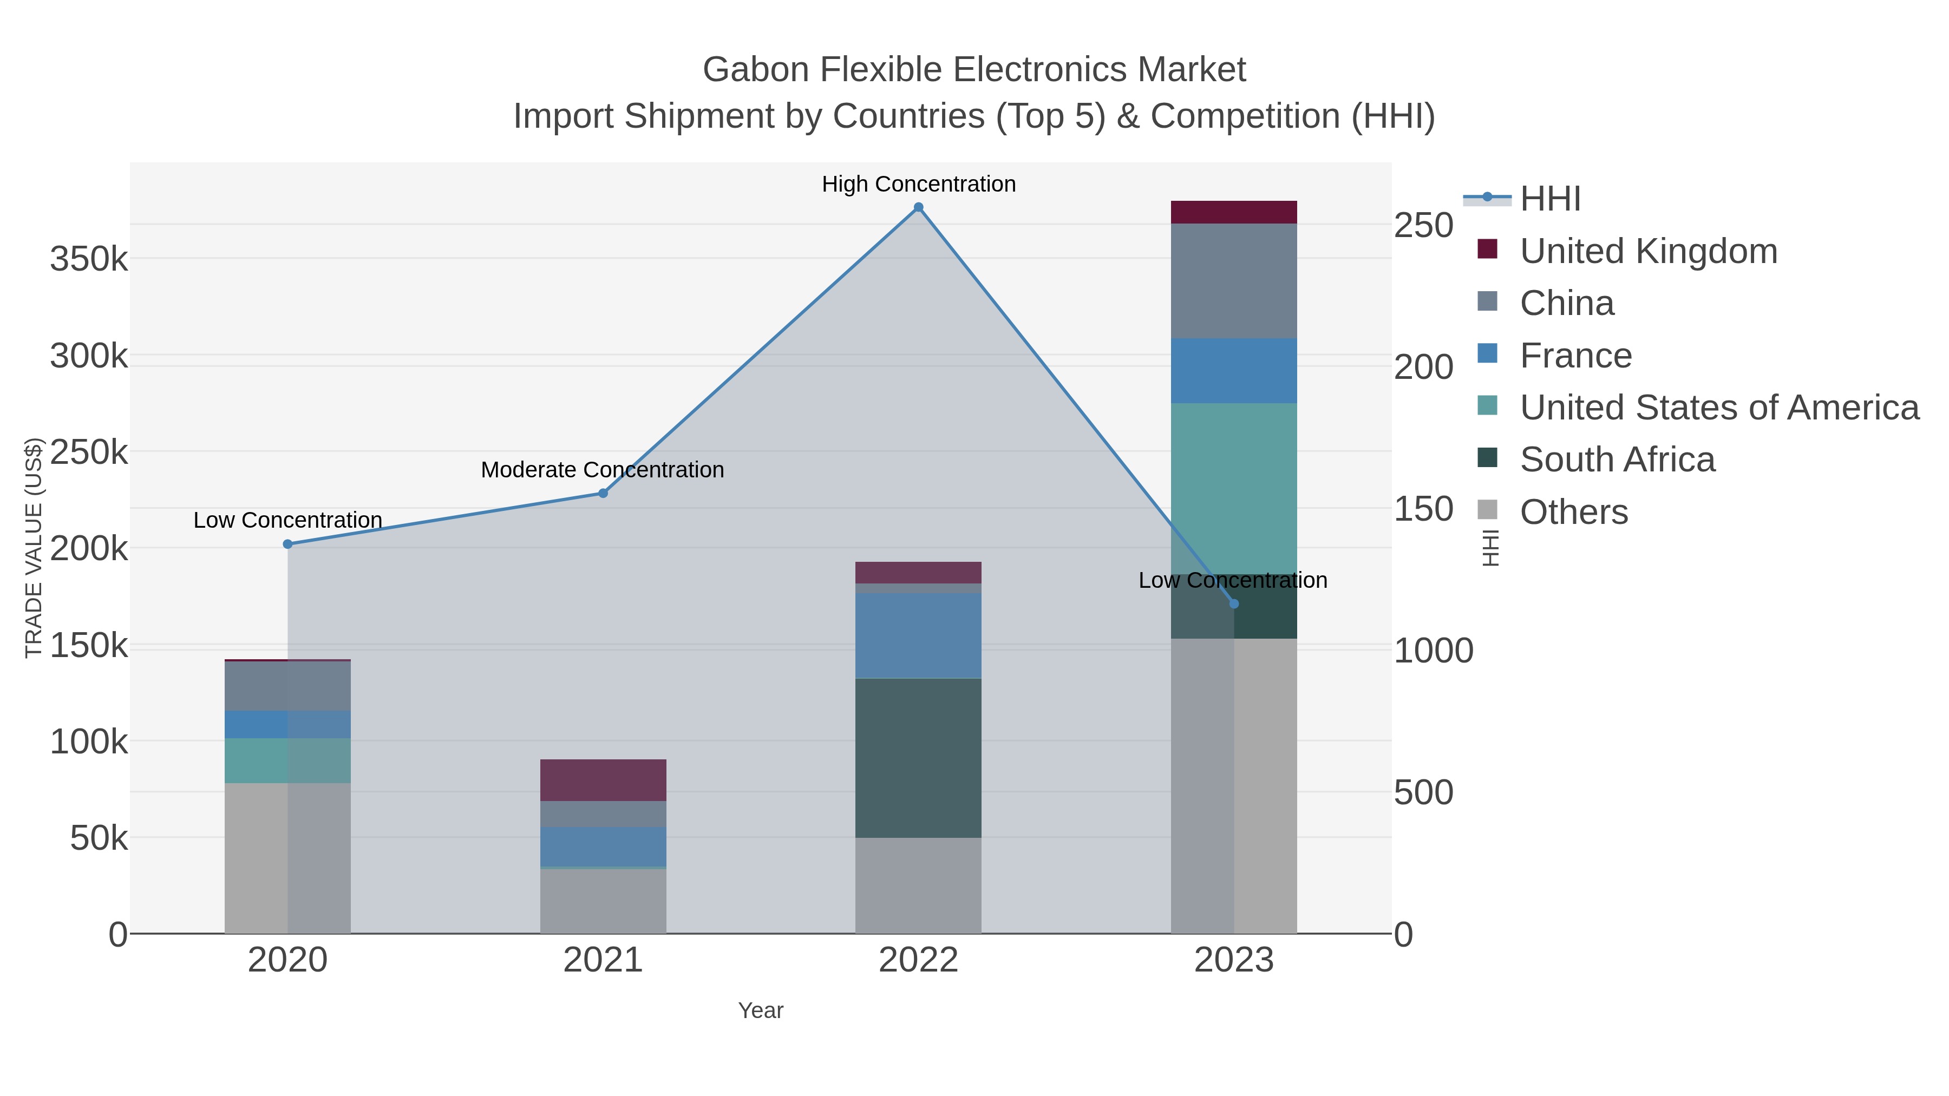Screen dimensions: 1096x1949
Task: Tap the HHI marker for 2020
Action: pos(287,544)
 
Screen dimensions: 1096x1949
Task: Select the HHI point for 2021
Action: pos(603,493)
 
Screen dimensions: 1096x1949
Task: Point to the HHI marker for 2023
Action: pos(1234,603)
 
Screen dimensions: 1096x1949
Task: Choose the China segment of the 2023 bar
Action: pos(1234,280)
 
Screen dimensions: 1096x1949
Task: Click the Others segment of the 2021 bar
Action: pos(603,901)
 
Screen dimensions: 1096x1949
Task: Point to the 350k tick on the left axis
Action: pos(89,259)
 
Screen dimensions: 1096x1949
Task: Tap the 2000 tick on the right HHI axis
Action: pos(1423,367)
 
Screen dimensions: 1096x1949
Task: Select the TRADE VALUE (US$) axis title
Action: pos(34,548)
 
